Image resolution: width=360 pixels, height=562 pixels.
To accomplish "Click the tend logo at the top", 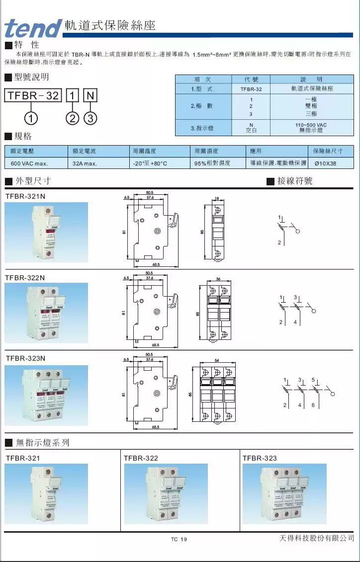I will click(x=33, y=28).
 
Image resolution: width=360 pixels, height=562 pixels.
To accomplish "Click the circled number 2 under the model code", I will click(x=73, y=118).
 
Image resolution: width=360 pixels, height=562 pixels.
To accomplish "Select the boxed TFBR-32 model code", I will click(x=33, y=95).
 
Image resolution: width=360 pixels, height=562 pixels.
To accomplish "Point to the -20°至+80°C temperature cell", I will click(x=150, y=163).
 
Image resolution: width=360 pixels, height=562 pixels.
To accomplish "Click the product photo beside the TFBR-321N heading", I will click(x=46, y=232).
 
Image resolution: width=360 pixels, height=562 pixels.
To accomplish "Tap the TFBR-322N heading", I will click(x=25, y=277).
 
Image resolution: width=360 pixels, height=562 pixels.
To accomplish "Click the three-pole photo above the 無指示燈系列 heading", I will click(x=46, y=395).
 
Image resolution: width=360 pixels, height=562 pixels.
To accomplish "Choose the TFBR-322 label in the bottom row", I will click(x=141, y=458).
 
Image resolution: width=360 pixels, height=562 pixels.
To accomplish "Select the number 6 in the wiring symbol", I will click(x=313, y=405).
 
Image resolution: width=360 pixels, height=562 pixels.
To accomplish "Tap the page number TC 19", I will click(x=179, y=540).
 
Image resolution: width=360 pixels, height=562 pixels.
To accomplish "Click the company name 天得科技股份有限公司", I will click(x=316, y=538).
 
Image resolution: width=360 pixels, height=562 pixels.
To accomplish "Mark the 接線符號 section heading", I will click(x=295, y=181).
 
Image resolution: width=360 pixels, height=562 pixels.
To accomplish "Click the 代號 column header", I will click(x=251, y=80).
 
